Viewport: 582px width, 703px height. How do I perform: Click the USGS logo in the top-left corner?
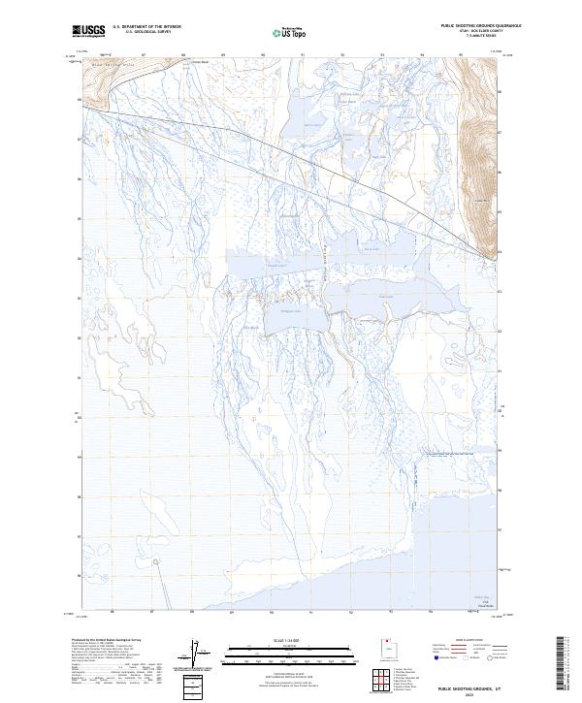[88, 31]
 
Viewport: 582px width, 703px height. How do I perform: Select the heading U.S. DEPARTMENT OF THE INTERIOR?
[146, 27]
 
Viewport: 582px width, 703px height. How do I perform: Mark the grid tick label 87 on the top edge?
[144, 54]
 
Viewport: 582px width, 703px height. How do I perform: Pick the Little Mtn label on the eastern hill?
[477, 201]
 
